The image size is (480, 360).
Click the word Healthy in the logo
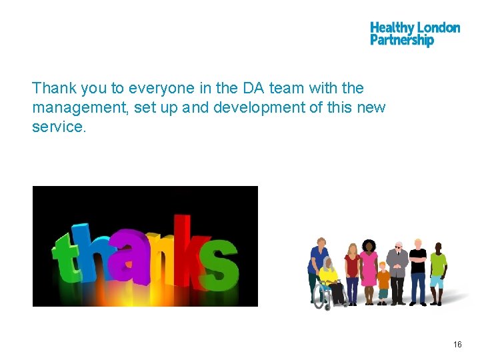point(392,28)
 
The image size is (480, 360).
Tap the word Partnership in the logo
point(401,41)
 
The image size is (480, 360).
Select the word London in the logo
point(438,28)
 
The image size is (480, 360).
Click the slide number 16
point(457,345)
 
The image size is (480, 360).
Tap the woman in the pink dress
point(369,270)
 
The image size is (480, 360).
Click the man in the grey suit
point(398,270)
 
